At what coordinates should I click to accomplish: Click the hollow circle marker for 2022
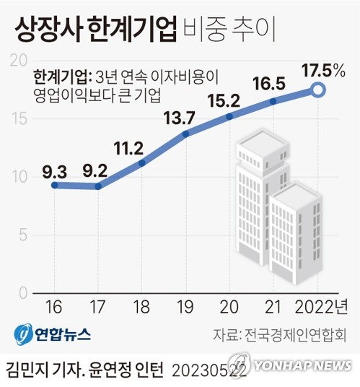318,90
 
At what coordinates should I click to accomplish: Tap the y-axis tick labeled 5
22,235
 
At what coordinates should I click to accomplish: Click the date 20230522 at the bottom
211,370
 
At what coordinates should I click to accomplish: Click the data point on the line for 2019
186,133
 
